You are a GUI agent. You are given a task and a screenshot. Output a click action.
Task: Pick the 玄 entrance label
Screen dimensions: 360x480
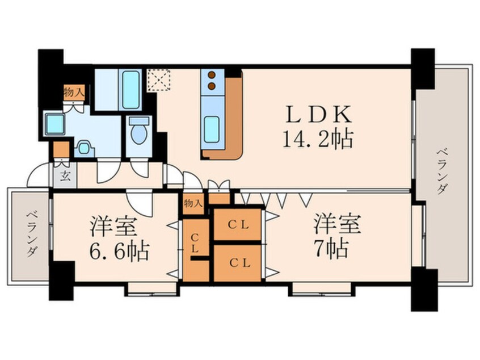[x=64, y=175]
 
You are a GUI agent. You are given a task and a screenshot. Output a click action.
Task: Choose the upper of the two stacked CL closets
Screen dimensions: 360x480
[x=239, y=225]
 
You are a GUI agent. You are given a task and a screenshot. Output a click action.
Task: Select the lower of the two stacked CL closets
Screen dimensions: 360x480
[x=239, y=263]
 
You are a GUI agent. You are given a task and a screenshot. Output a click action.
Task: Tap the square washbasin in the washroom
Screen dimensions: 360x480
[x=56, y=123]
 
